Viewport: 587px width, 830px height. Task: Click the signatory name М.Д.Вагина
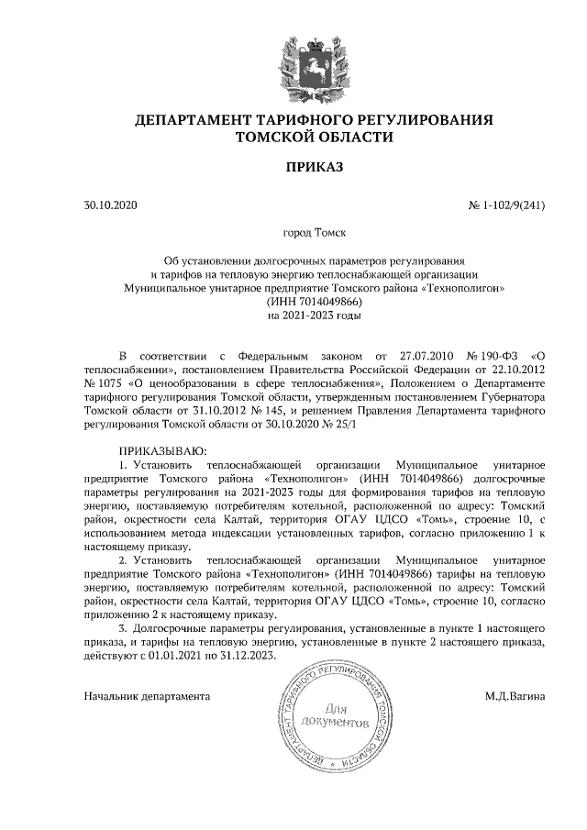(x=515, y=696)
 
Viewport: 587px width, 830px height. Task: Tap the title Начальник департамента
(x=147, y=696)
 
